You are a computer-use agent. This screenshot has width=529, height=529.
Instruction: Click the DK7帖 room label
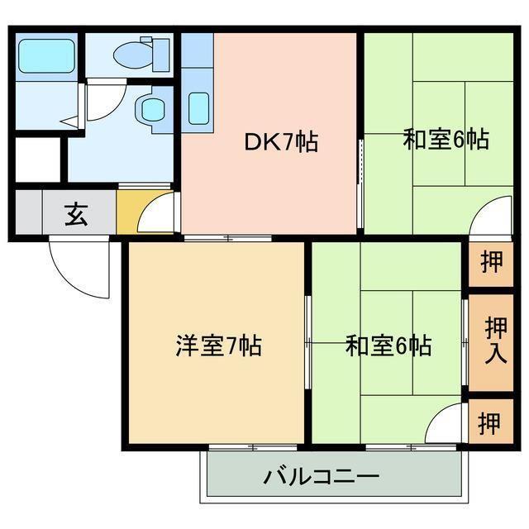tap(281, 142)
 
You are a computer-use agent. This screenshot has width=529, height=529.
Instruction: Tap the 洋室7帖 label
tap(218, 346)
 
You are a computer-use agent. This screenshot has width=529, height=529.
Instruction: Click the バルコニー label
tap(322, 477)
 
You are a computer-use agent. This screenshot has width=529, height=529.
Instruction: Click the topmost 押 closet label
tap(490, 264)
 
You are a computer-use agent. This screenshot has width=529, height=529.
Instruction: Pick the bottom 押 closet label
tap(490, 423)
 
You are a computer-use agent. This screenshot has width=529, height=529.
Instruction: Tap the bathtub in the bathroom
tap(45, 55)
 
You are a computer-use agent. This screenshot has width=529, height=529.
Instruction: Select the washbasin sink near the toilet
tap(151, 107)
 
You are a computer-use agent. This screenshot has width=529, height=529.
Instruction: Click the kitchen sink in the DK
tap(198, 107)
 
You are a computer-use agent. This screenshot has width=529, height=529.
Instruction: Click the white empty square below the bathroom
tap(37, 160)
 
